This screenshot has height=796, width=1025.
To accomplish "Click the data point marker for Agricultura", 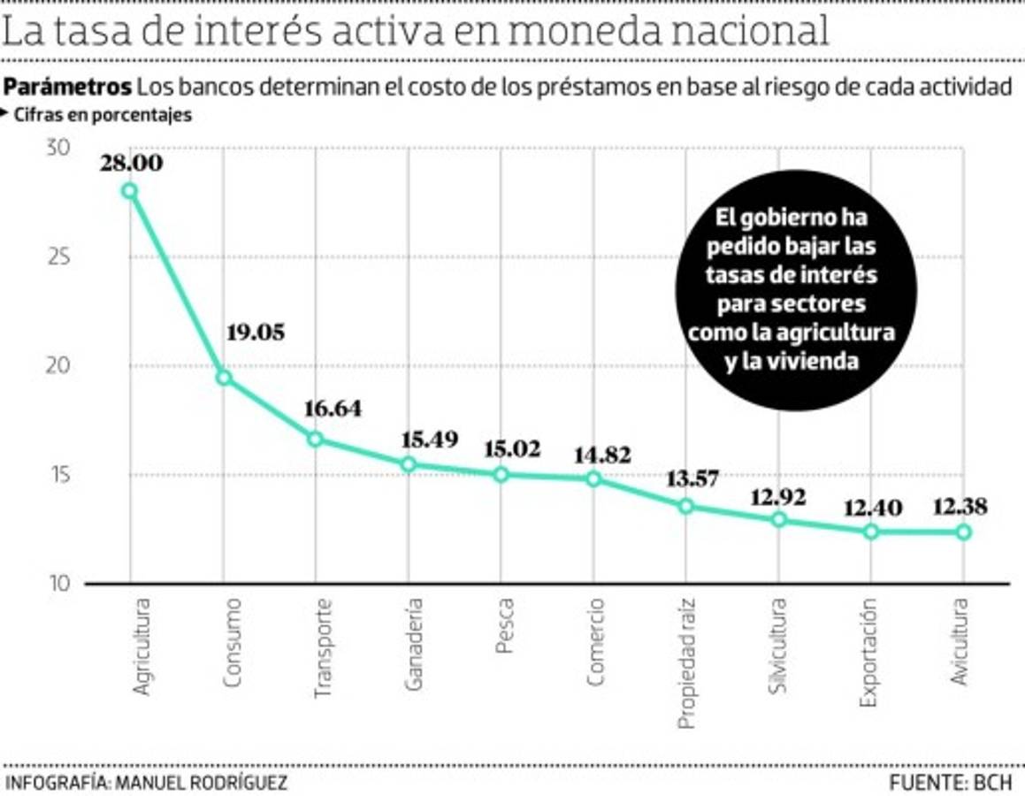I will tap(130, 191).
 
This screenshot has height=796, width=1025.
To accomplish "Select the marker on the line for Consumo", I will tap(224, 378).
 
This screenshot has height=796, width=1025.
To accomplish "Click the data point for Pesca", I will tap(501, 474).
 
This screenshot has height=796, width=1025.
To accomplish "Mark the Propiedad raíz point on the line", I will tap(685, 506).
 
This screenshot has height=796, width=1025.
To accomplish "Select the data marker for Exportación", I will tap(870, 532).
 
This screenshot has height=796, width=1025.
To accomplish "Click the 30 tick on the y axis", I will tap(57, 149).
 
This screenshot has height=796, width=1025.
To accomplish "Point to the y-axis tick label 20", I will tap(57, 365).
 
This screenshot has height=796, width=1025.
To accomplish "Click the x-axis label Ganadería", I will tap(412, 646).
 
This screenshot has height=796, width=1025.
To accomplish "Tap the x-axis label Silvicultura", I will tap(777, 646).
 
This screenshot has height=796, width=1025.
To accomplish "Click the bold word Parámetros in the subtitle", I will tap(67, 88).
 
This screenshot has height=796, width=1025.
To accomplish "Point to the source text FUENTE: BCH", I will tap(950, 783).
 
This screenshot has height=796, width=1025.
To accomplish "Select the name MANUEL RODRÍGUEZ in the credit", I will tap(203, 783).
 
